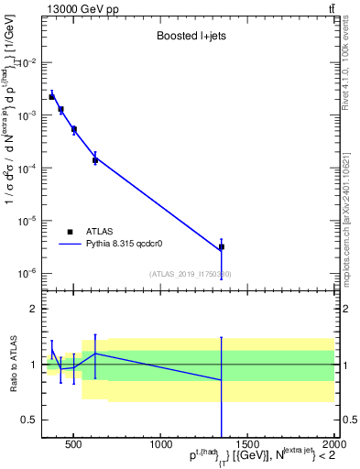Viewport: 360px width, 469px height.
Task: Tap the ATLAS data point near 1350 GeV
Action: (x=222, y=246)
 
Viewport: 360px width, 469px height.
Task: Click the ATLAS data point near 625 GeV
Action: (x=95, y=160)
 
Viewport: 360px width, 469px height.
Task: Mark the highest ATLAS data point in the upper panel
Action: (x=52, y=96)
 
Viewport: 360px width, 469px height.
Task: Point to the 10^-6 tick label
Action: (x=28, y=273)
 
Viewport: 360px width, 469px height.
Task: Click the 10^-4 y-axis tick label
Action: (x=28, y=168)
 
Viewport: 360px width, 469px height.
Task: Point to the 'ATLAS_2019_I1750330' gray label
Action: (x=191, y=274)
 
